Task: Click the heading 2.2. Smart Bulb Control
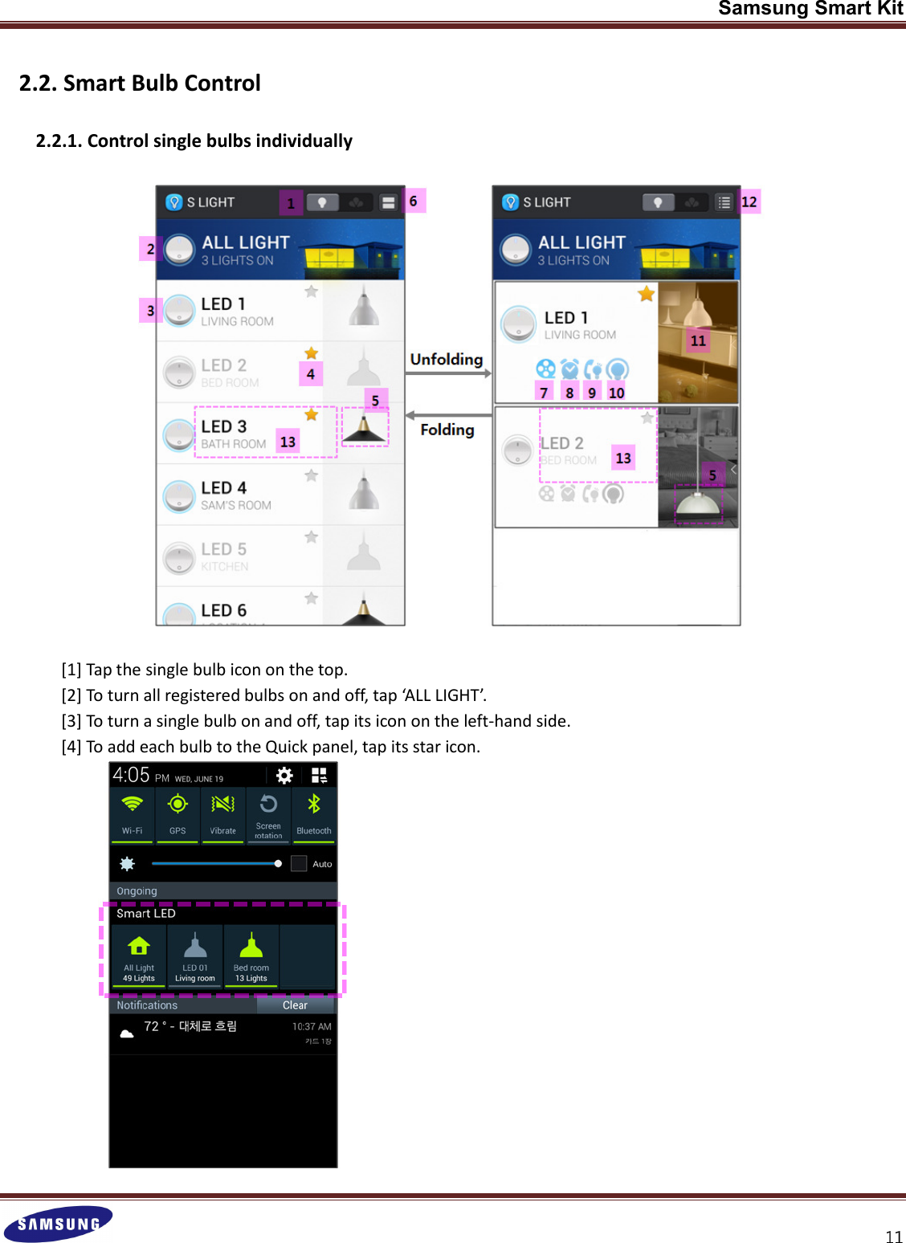(x=140, y=84)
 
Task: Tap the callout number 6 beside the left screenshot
(x=414, y=201)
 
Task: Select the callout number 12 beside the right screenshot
(x=749, y=202)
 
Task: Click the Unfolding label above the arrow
(x=447, y=359)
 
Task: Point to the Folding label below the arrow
(x=447, y=430)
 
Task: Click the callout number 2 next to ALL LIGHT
(x=150, y=249)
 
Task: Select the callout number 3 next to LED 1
(x=150, y=310)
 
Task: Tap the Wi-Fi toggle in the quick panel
(x=133, y=813)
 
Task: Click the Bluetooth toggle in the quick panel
(x=313, y=813)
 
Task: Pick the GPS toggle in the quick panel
(x=178, y=813)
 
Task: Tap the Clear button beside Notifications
(x=295, y=1005)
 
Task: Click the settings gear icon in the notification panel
(x=284, y=775)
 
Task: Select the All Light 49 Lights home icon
(x=139, y=947)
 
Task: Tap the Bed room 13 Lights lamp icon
(x=251, y=947)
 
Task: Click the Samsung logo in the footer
(x=58, y=1224)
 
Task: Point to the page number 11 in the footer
(x=894, y=1237)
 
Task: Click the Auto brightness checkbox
(x=299, y=864)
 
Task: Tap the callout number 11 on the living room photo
(x=698, y=340)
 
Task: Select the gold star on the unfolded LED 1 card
(x=647, y=294)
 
